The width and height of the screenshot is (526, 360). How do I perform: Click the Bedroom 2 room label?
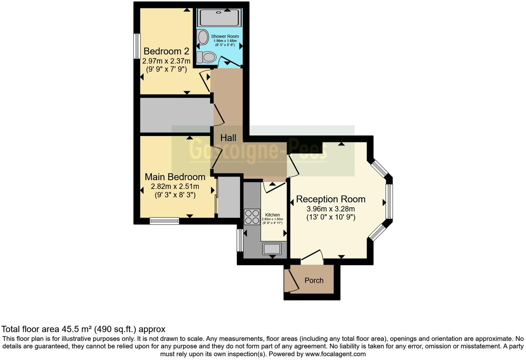point(166,51)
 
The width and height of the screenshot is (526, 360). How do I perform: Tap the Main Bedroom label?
point(175,177)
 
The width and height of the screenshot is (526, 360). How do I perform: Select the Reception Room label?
point(330,199)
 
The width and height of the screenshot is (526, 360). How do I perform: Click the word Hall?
point(228,138)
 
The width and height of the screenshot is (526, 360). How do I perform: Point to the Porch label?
point(314,280)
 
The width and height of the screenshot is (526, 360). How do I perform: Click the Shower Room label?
point(225,36)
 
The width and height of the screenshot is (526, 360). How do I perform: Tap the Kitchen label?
point(272,215)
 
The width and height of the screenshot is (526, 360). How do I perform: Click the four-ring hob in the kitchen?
point(252,217)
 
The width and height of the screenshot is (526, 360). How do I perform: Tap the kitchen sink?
point(272,249)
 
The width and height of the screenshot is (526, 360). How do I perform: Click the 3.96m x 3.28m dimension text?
point(330,209)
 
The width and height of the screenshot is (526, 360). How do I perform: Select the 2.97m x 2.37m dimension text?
point(166,61)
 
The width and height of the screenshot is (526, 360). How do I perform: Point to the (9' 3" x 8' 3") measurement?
point(175,195)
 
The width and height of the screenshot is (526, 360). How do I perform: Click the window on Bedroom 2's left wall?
point(137,46)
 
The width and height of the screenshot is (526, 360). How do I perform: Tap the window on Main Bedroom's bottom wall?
point(164,220)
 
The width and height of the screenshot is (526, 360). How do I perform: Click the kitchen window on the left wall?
point(240,240)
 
